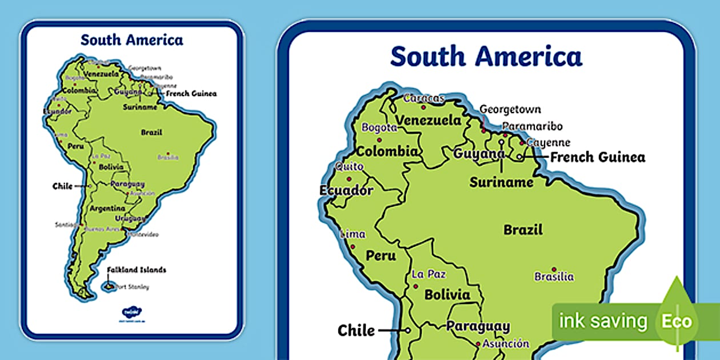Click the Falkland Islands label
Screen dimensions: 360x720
136,270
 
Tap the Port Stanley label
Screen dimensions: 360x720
133,287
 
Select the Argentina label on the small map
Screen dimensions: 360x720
107,209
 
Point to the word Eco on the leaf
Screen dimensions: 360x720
677,321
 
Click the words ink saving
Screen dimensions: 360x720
603,321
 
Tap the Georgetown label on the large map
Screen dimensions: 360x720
510,109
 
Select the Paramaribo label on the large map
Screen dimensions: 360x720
533,126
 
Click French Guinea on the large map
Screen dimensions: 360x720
598,157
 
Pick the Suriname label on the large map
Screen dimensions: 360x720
501,183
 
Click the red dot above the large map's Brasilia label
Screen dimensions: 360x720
554,269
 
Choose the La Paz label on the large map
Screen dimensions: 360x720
429,274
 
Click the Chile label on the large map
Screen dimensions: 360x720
356,330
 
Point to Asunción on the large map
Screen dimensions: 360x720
506,344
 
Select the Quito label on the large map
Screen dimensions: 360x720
349,166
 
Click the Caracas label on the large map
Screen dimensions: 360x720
423,98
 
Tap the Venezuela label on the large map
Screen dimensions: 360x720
429,121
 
